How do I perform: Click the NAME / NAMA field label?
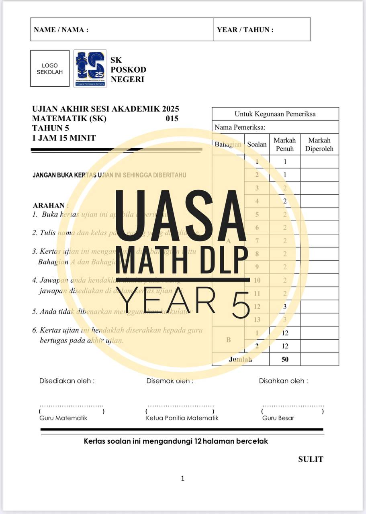tap(61, 30)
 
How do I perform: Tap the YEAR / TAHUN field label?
tap(245, 30)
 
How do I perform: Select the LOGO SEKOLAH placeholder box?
tap(50, 69)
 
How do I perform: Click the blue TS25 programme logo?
tap(90, 69)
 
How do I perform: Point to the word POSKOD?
tap(128, 69)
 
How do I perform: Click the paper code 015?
tap(172, 118)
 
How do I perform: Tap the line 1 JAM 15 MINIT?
tap(64, 138)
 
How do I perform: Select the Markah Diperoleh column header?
tap(319, 145)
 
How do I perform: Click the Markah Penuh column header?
tap(284, 145)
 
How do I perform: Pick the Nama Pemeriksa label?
tap(240, 127)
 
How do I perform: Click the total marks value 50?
tap(284, 359)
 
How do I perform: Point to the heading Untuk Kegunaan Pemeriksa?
tap(275, 114)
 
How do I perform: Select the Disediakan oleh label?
tap(67, 381)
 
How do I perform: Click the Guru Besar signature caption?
tap(278, 418)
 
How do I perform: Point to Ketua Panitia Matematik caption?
tap(182, 418)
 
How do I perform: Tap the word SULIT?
tap(311, 459)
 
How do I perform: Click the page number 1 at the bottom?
tap(183, 478)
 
